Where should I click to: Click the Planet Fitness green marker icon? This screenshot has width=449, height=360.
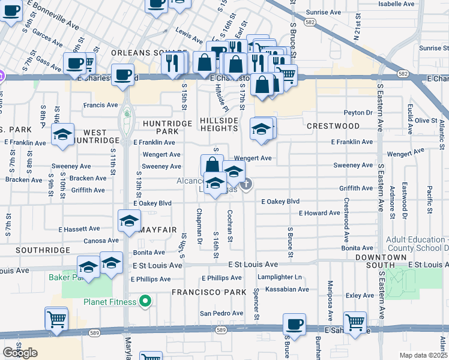(144, 301)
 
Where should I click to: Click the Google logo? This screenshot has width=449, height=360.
(20, 353)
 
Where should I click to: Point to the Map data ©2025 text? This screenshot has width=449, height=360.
(423, 355)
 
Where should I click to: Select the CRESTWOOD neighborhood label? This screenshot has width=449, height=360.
(333, 126)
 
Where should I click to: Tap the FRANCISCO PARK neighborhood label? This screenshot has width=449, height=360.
(208, 292)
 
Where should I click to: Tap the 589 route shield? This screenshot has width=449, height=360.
(221, 330)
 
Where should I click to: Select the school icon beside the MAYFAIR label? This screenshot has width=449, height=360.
(129, 221)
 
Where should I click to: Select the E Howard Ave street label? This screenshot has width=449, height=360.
(319, 213)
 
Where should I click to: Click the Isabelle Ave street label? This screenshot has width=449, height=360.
(397, 4)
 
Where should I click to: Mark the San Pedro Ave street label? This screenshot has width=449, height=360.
(221, 313)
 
